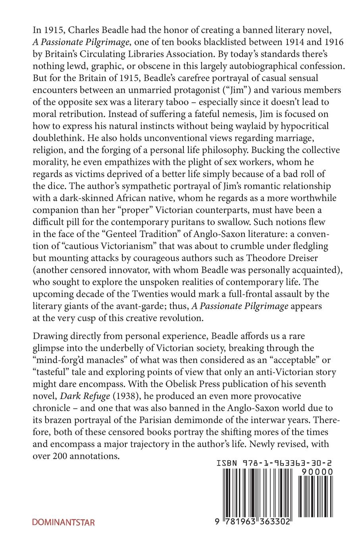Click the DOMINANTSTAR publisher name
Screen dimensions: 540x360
click(x=64, y=522)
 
